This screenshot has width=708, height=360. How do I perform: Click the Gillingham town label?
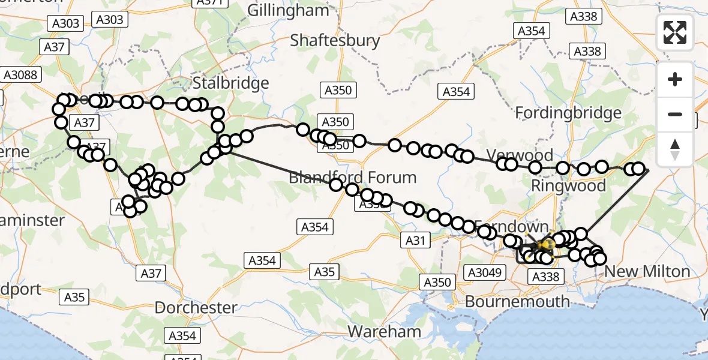coord(288,10)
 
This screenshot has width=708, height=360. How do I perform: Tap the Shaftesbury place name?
coord(335,40)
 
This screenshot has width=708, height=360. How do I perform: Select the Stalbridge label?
coord(230,82)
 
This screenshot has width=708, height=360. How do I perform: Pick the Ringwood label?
coord(568,186)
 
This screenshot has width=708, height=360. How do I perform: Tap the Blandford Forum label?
coord(352,178)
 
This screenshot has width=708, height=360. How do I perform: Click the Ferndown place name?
coord(512,227)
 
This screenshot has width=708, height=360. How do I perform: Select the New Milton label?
coord(647,272)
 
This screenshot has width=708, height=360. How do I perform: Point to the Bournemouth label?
coord(517,301)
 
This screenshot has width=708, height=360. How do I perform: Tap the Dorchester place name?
coord(196,308)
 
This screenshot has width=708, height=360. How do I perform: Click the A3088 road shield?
coord(20,75)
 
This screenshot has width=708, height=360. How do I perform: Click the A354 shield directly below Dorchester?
coord(182,335)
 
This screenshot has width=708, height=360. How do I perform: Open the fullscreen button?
coord(675,32)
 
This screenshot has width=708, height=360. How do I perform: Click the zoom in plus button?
coord(675,79)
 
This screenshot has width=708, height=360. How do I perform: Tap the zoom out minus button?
coord(675,114)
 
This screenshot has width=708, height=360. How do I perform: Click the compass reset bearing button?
coord(675,149)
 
